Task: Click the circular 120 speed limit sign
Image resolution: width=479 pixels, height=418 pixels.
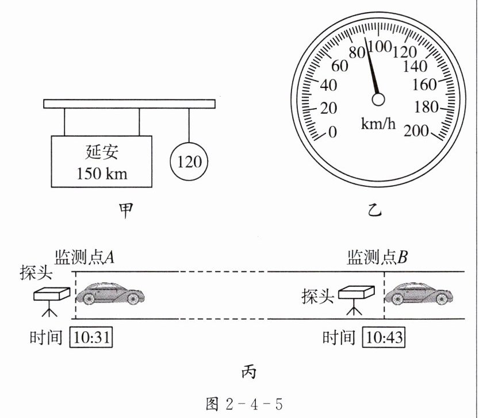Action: pyautogui.click(x=190, y=162)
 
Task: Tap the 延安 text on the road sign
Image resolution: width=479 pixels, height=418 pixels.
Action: pyautogui.click(x=102, y=153)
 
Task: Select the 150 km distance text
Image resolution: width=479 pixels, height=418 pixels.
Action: pyautogui.click(x=102, y=173)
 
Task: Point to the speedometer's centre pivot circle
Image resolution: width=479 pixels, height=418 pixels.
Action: pyautogui.click(x=378, y=100)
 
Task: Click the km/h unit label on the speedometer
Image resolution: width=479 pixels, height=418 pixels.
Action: pyautogui.click(x=378, y=123)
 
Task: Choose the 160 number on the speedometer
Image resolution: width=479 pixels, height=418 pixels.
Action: pyautogui.click(x=425, y=85)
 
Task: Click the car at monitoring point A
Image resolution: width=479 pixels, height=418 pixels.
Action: pyautogui.click(x=110, y=294)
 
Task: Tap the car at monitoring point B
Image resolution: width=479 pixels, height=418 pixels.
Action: pyautogui.click(x=418, y=294)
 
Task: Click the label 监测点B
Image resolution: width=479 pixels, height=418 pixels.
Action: pyautogui.click(x=377, y=257)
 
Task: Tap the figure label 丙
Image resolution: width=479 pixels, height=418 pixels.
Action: pyautogui.click(x=248, y=372)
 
